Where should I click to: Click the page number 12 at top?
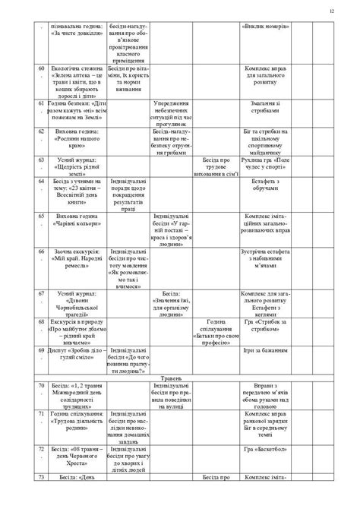[x=332, y=10]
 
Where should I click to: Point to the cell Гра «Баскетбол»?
[x=264, y=451]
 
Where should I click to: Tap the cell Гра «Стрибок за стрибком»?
[x=264, y=325]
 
